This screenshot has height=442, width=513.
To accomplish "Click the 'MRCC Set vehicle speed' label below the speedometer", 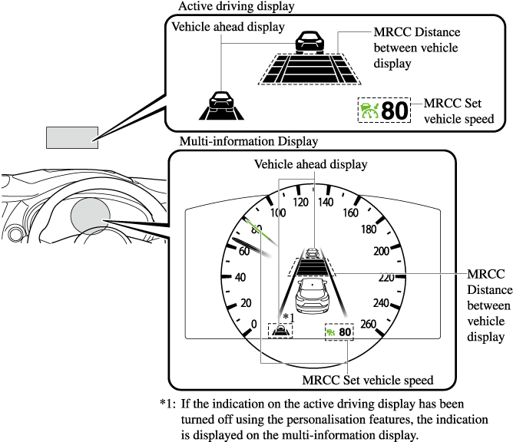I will click(x=368, y=380).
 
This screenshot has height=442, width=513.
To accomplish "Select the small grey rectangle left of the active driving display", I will click(x=72, y=137).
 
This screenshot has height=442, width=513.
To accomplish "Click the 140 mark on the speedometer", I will click(x=325, y=203).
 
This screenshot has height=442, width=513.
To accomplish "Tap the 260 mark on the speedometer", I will click(x=368, y=324).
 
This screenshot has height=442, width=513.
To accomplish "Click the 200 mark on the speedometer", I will click(x=381, y=251).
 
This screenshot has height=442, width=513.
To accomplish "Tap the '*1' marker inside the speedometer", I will click(x=288, y=317).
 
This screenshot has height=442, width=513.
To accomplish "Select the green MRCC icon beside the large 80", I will click(x=369, y=110).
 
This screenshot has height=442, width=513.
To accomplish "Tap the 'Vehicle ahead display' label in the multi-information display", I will click(x=310, y=164).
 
